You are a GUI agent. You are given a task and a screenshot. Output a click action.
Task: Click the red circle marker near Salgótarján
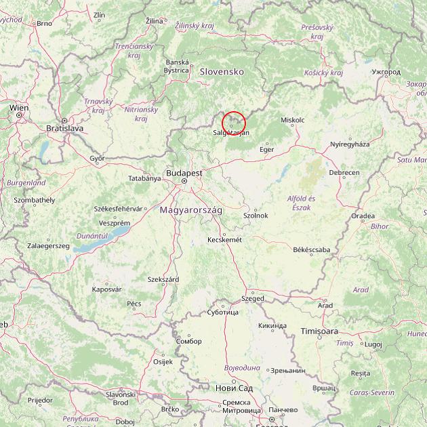233,123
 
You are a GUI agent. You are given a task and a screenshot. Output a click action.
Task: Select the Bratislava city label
64,127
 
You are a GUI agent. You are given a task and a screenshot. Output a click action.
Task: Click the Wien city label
19,108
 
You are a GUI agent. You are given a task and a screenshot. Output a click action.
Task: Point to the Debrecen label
344,173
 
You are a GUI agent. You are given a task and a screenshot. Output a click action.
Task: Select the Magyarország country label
190,211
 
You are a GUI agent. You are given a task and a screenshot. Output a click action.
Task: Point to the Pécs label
134,304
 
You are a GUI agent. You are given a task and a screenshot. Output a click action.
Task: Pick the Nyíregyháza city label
350,144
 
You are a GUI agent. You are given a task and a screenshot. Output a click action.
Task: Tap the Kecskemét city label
224,240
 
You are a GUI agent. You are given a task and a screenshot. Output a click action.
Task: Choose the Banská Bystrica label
177,66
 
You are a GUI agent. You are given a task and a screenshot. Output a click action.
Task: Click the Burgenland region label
26,183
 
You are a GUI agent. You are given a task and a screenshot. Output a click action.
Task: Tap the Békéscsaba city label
311,250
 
